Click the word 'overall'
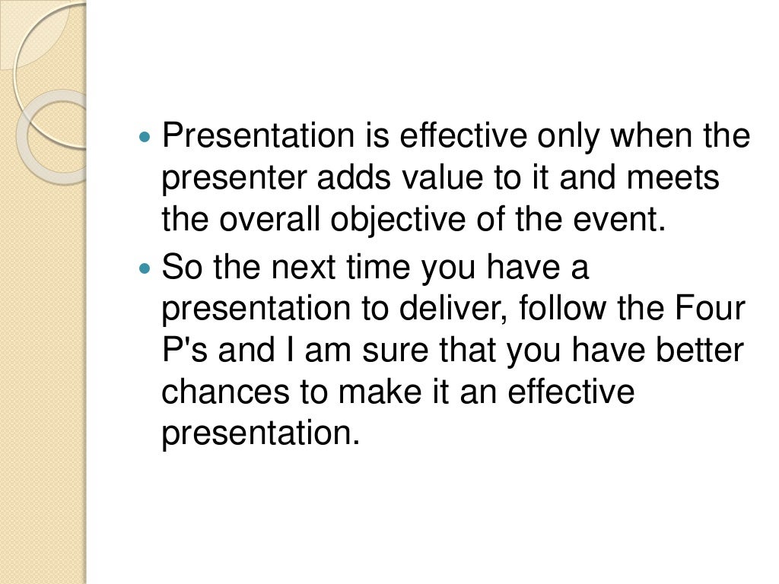[274, 221]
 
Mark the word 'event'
[621, 221]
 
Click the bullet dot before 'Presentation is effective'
[147, 139]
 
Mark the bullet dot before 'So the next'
[147, 269]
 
